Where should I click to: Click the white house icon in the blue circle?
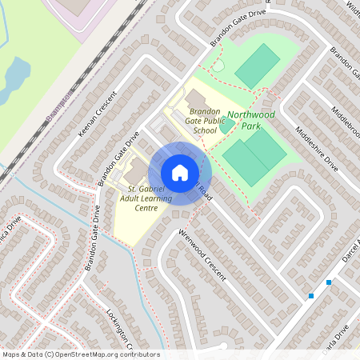(x=180, y=173)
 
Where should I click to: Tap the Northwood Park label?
(x=250, y=120)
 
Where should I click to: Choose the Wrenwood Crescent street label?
(x=203, y=255)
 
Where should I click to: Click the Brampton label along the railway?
(x=59, y=105)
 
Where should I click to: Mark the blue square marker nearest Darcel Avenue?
(x=329, y=282)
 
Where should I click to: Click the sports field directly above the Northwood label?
(x=258, y=66)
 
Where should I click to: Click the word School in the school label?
(x=206, y=130)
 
